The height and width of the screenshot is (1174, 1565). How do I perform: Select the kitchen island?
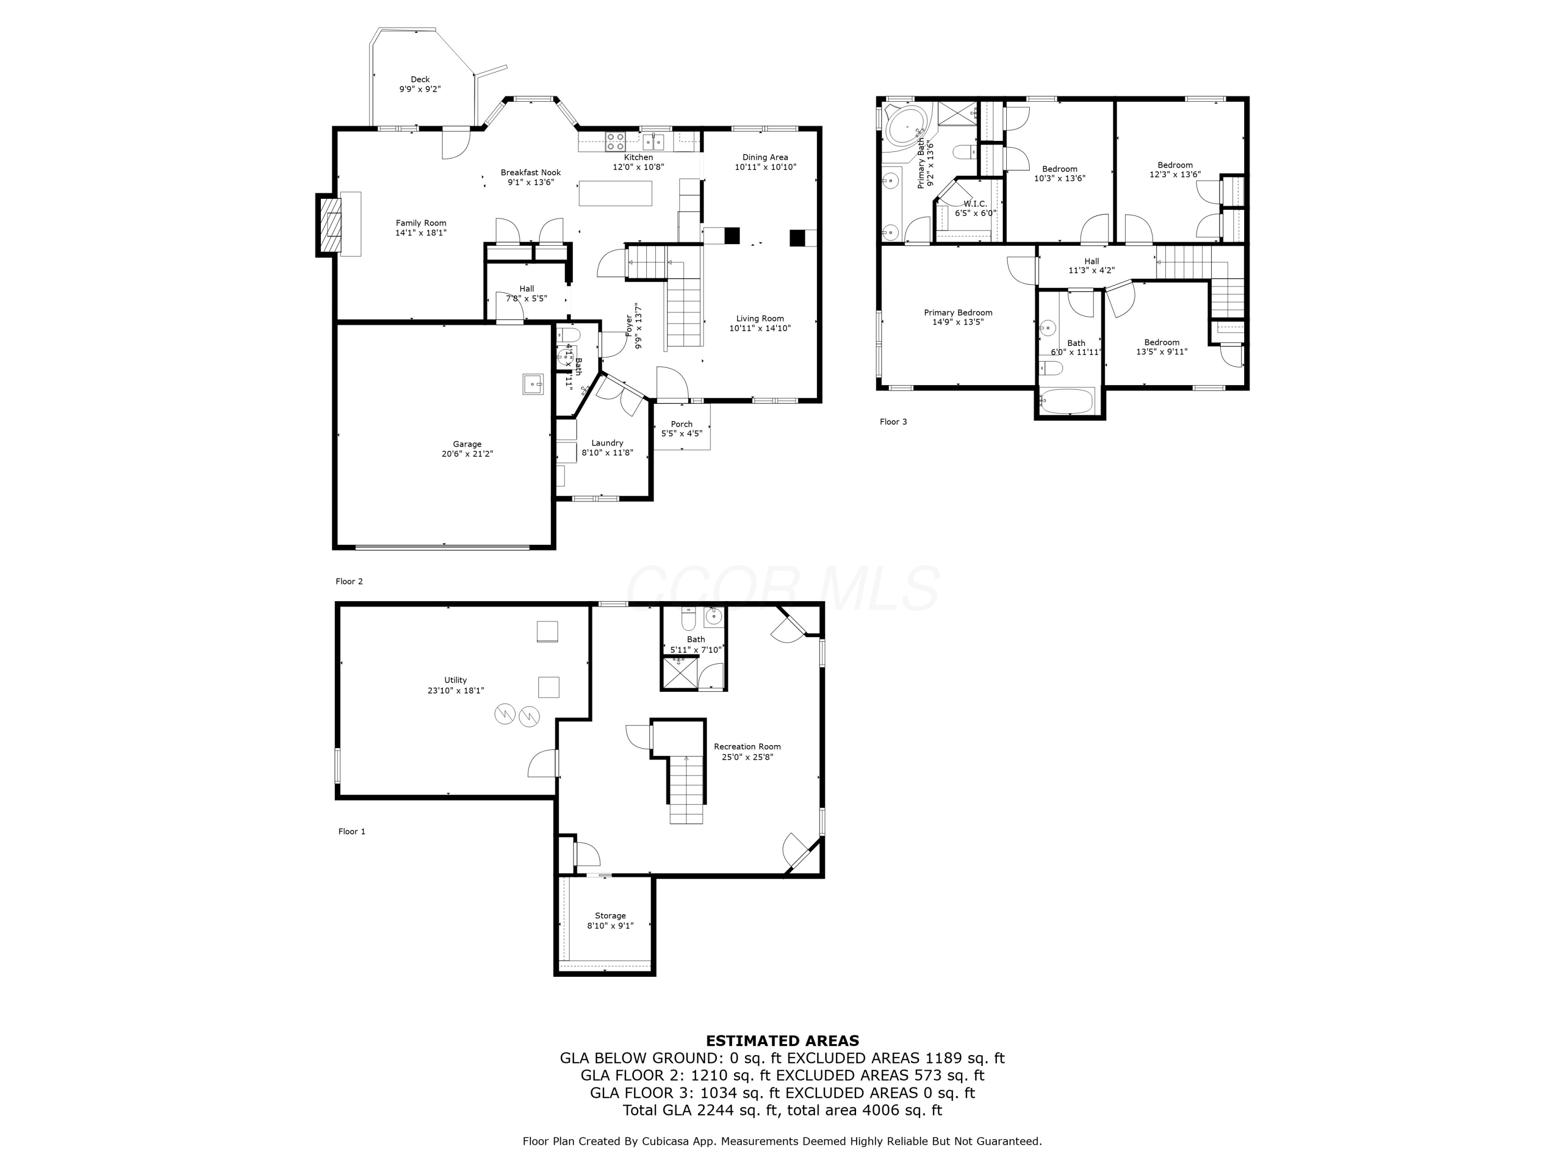[615, 193]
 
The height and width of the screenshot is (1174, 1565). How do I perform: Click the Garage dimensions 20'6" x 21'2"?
[467, 453]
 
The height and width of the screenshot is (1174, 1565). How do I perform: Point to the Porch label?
[681, 424]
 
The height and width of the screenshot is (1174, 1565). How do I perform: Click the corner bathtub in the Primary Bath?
[906, 127]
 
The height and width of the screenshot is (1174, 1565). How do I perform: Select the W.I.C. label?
[974, 204]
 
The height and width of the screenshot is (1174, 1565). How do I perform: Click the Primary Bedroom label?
[957, 312]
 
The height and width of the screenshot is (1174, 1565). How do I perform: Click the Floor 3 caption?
[893, 422]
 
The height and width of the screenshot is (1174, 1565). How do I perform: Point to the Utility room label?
[455, 680]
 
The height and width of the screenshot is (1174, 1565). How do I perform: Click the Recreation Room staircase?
[687, 788]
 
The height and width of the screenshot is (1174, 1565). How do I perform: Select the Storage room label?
[610, 916]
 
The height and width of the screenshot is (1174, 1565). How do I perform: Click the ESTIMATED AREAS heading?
[782, 1040]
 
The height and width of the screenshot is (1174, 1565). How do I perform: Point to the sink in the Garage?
[533, 384]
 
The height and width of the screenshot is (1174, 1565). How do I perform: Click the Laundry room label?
[607, 443]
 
